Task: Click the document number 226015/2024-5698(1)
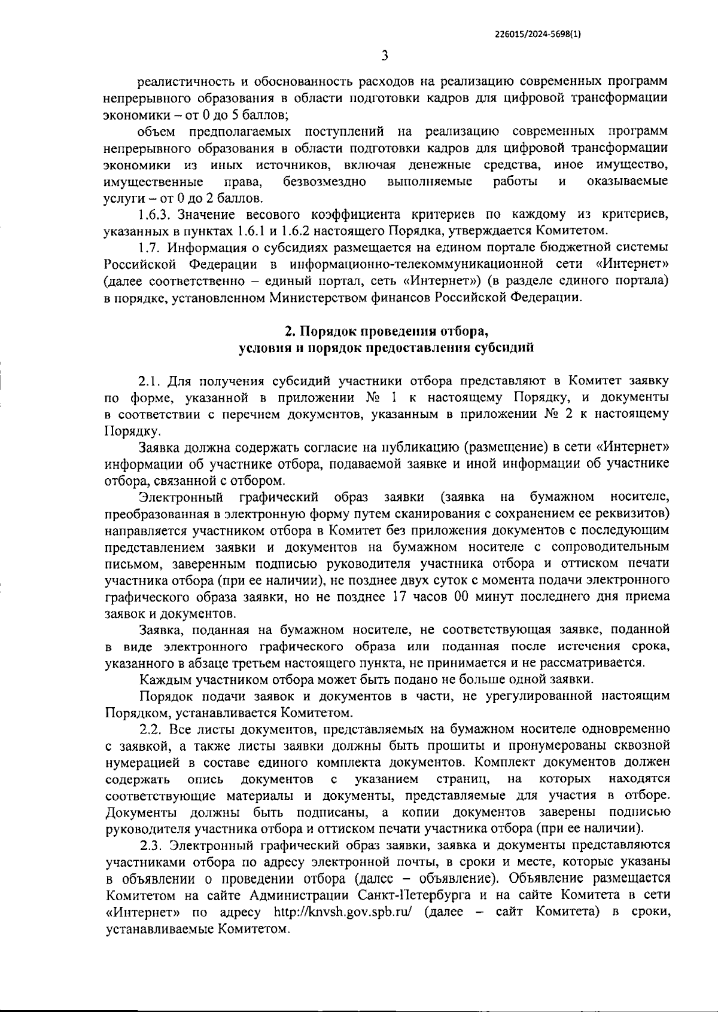tap(538, 34)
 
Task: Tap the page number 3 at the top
tap(385, 56)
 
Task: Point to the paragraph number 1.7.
tap(150, 247)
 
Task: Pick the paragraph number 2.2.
tap(152, 729)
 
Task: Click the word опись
tap(205, 779)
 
